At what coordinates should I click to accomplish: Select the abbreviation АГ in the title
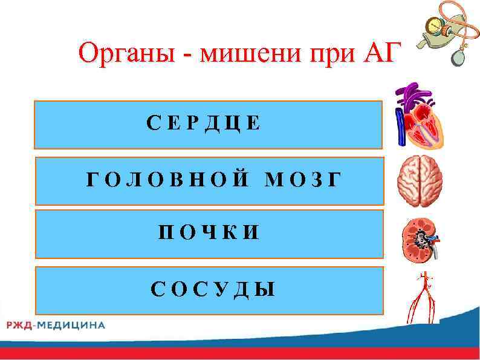381,55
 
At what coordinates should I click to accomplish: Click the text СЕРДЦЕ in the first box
204,123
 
